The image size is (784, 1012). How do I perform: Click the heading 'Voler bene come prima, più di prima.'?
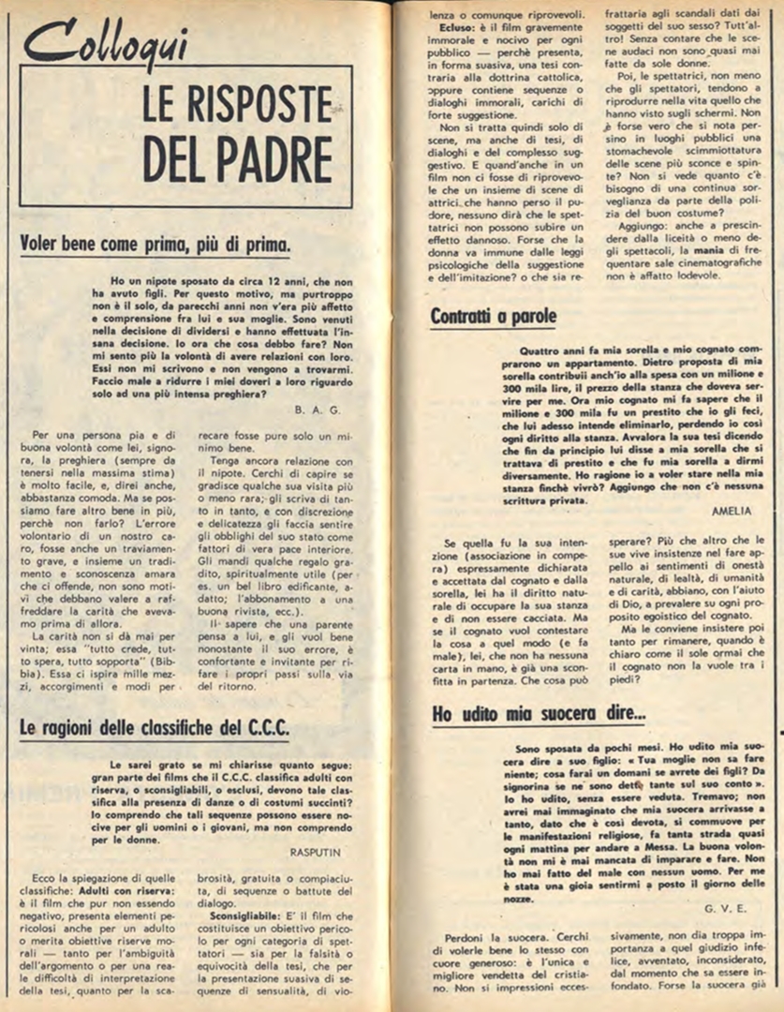click(x=155, y=246)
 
